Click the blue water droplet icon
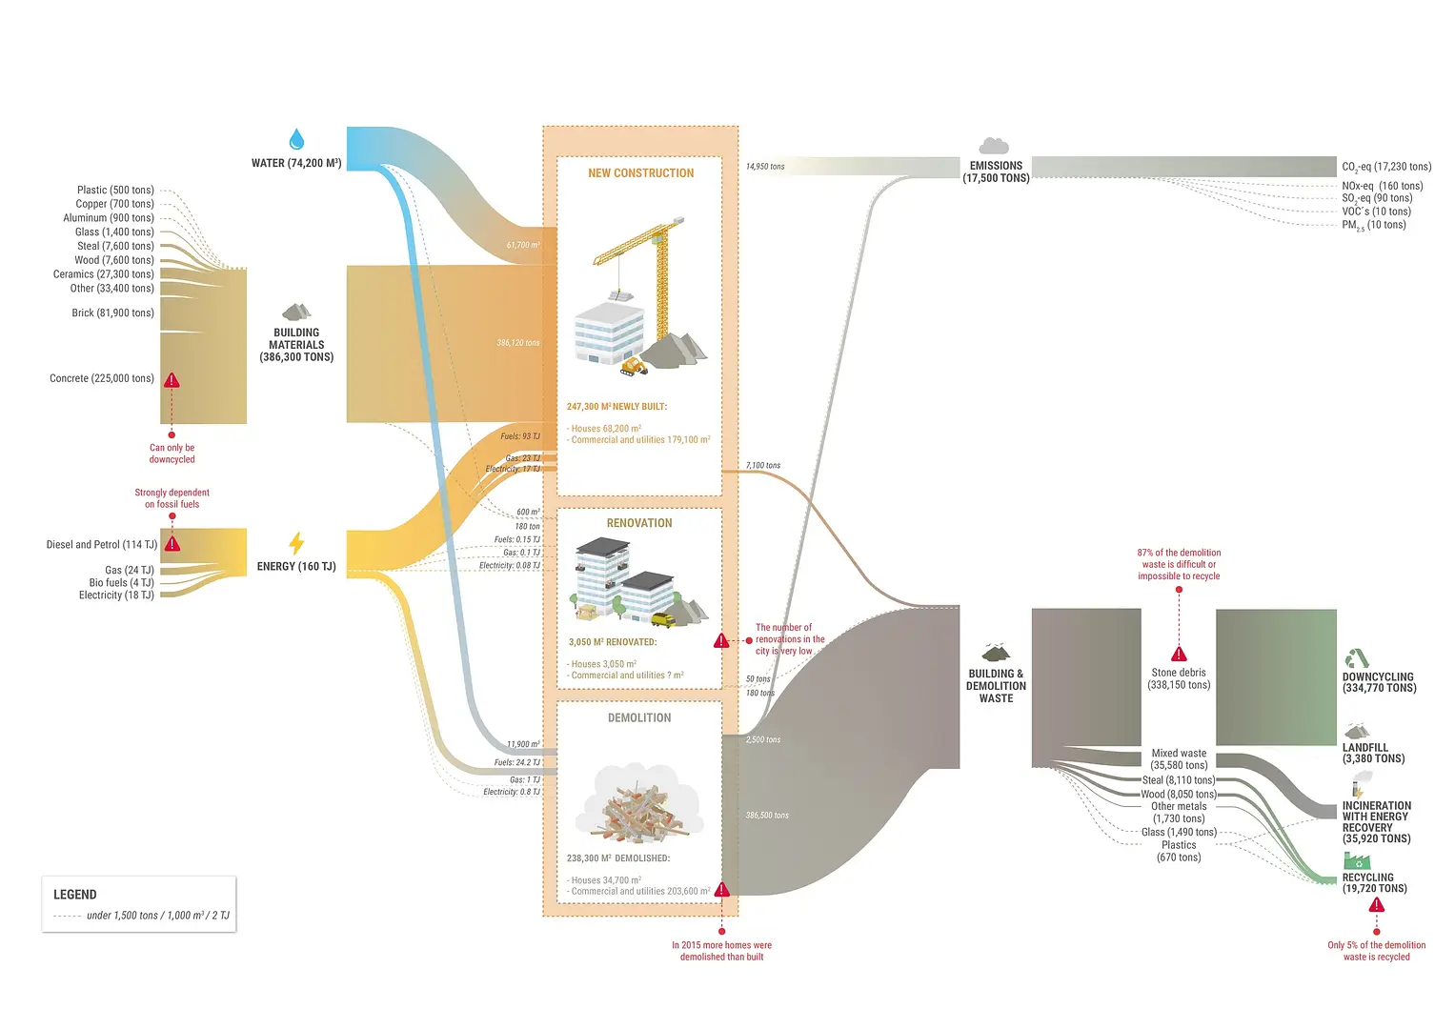(296, 140)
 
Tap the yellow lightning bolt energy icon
(296, 543)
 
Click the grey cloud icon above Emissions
(994, 145)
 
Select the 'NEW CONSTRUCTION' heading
(640, 173)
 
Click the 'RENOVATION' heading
(639, 523)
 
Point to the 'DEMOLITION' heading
(639, 718)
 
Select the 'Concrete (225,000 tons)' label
(102, 378)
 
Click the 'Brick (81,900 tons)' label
(112, 313)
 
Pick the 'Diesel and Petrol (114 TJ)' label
(101, 545)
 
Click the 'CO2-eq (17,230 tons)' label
(1386, 167)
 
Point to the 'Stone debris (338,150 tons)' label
(1179, 678)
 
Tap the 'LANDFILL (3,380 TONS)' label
(1373, 754)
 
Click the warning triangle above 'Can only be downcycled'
(172, 380)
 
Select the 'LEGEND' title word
(75, 895)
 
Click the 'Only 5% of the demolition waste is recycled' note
(1376, 951)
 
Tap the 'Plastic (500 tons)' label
(115, 191)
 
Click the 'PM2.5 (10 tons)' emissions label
(1373, 226)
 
